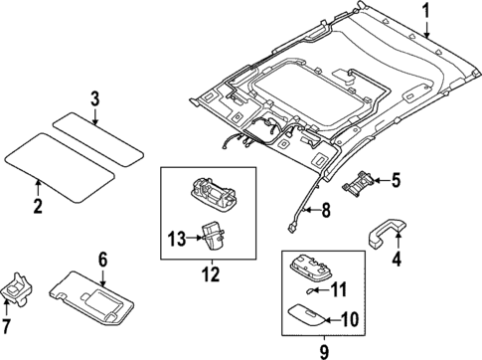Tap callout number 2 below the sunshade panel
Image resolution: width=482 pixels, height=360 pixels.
37,207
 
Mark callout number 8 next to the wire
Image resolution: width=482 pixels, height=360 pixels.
324,211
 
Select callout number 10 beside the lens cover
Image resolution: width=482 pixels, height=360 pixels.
350,319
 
